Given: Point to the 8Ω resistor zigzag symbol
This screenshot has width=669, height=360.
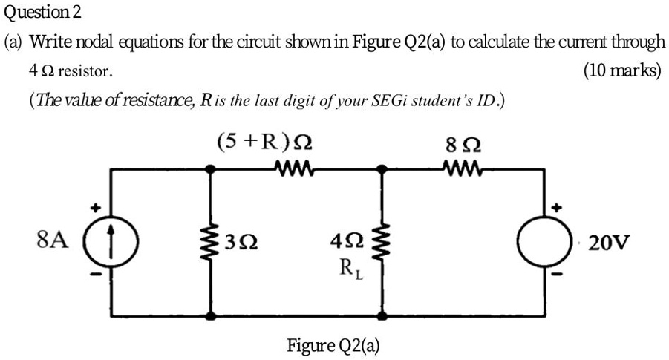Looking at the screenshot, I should pyautogui.click(x=465, y=169).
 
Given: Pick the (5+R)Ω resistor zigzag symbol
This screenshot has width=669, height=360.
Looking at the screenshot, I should pyautogui.click(x=297, y=169).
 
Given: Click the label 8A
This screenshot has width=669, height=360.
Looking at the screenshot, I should pyautogui.click(x=50, y=240).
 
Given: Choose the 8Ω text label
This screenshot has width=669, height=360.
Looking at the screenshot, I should pyautogui.click(x=465, y=143).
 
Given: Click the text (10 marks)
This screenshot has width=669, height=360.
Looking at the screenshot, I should pyautogui.click(x=622, y=71).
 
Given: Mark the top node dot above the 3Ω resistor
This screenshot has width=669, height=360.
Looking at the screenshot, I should pyautogui.click(x=212, y=169).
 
